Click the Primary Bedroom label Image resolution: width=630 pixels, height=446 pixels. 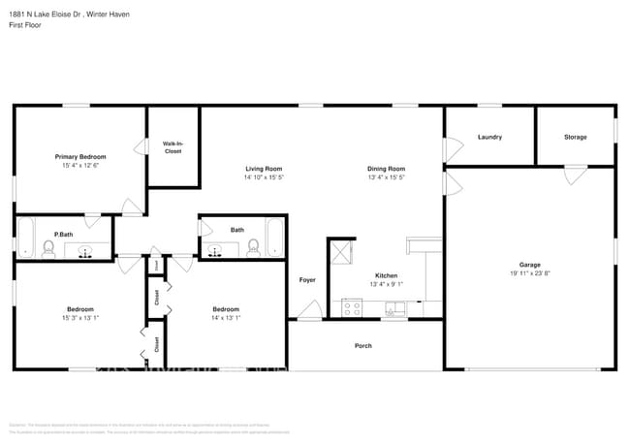[x=80, y=156]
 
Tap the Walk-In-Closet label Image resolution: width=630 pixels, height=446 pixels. [x=173, y=147]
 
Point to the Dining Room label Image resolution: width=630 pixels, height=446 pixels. [x=386, y=168]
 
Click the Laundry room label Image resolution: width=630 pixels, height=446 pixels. [x=489, y=137]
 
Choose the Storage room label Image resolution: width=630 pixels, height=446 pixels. [x=576, y=137]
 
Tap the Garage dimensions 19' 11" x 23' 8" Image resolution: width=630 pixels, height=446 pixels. [x=529, y=274]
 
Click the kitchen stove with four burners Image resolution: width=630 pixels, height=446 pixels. [x=353, y=309]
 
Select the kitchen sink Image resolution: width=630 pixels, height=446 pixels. [x=394, y=309]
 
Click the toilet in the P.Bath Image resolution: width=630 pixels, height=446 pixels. [x=48, y=250]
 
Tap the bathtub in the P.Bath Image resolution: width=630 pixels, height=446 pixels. [x=26, y=239]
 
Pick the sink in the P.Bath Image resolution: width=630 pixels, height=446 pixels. [x=85, y=252]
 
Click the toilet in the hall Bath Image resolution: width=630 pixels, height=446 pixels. [x=253, y=248]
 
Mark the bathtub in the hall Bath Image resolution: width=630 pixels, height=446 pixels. [x=275, y=239]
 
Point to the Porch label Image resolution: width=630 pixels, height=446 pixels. [x=363, y=345]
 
